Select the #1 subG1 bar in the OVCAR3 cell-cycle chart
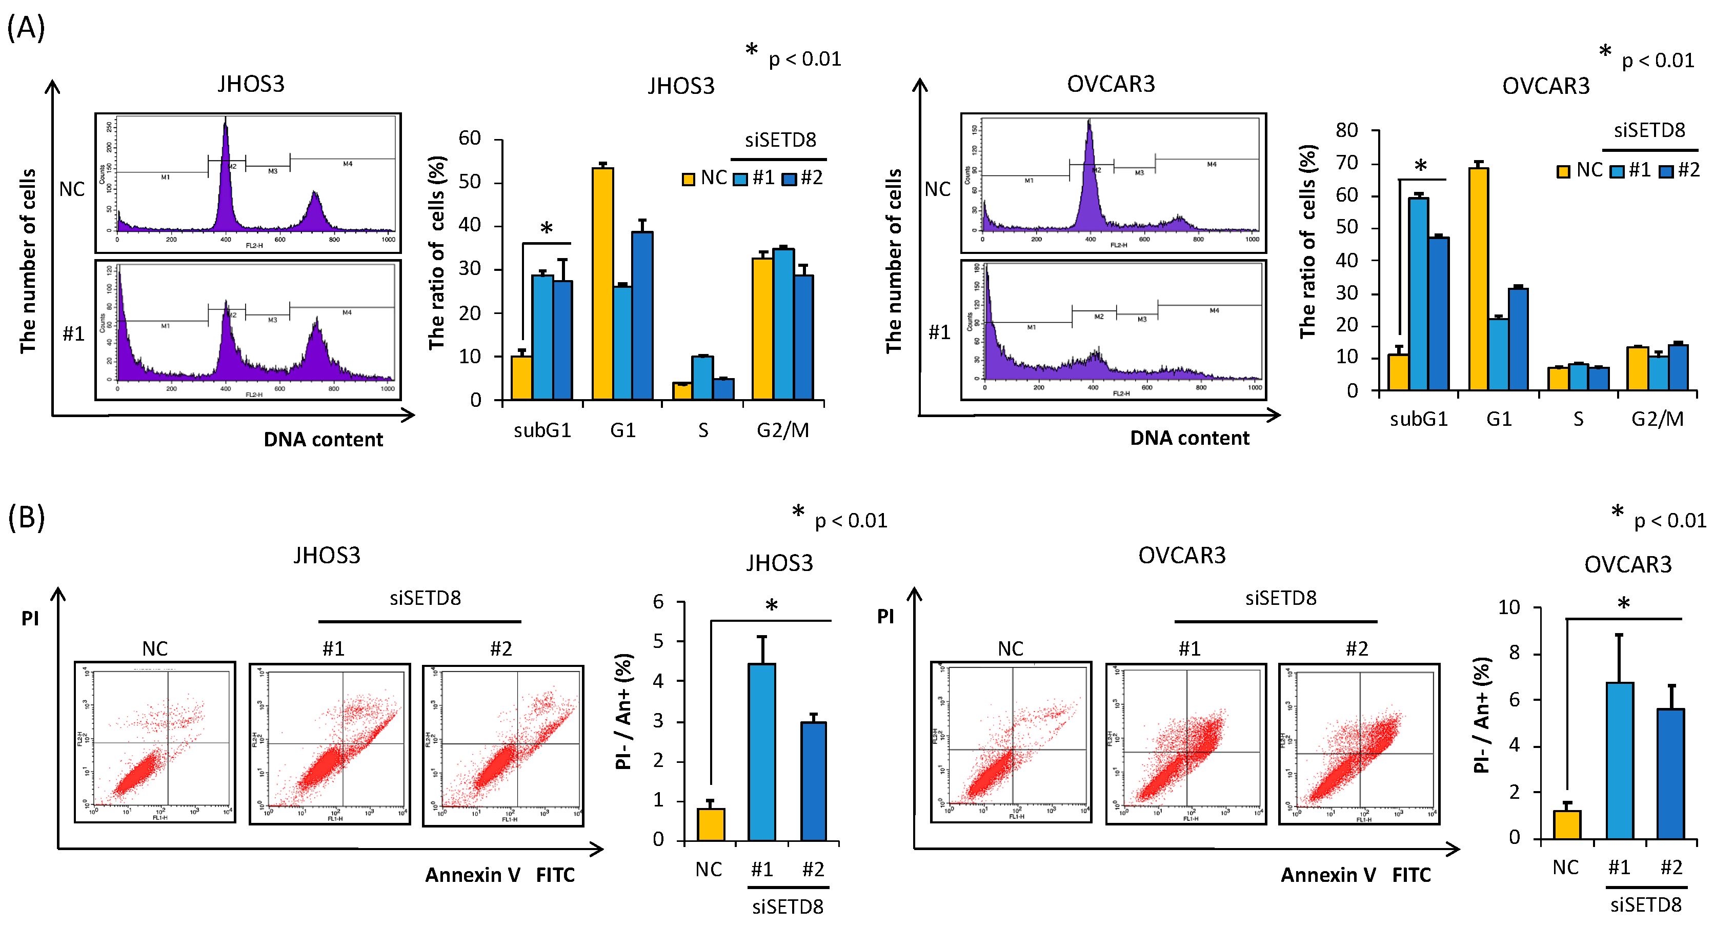click(x=1418, y=293)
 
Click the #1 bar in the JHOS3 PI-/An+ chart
click(x=761, y=752)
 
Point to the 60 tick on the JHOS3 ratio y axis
click(x=470, y=139)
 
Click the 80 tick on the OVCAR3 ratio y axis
click(x=1347, y=130)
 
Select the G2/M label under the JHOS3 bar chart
click(x=782, y=431)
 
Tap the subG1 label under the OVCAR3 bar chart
click(x=1419, y=420)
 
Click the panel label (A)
click(x=26, y=28)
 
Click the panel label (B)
click(x=26, y=517)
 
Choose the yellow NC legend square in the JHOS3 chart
click(x=689, y=179)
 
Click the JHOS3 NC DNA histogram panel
click(x=248, y=183)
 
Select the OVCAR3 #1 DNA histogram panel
click(x=1113, y=330)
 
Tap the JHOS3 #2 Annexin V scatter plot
click(x=503, y=745)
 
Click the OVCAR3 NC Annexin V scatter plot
click(x=1011, y=742)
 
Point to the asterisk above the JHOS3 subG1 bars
click(x=546, y=229)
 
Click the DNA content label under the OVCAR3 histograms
click(x=1189, y=438)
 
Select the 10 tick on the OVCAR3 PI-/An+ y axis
click(x=1508, y=607)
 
